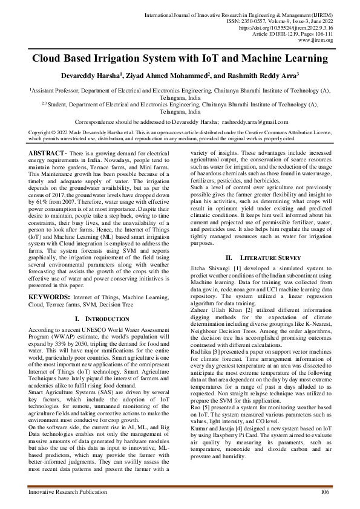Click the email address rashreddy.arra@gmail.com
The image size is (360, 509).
[250, 122]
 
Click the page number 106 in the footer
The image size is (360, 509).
[324, 493]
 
